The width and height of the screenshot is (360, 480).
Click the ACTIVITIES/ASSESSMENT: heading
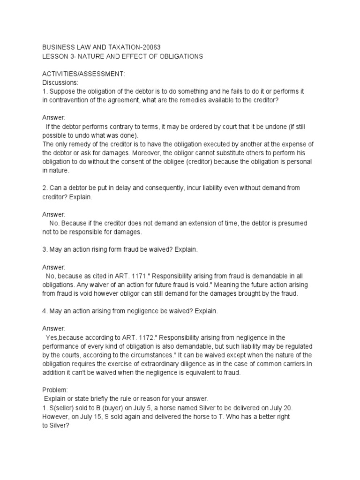84,74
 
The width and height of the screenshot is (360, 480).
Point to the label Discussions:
60,83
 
